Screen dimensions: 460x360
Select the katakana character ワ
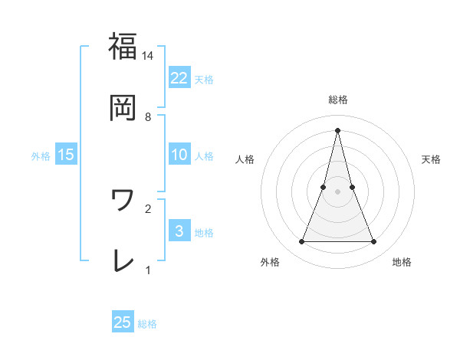123,201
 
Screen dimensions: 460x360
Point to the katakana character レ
123,260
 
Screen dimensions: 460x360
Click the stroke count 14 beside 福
148,56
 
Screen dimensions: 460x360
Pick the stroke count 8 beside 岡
148,117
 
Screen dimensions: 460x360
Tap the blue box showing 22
179,77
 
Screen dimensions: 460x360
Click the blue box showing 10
179,155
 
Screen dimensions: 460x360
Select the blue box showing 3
179,231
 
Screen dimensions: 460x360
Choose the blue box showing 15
66,155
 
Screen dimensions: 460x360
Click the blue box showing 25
123,322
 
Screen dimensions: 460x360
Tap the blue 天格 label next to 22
204,79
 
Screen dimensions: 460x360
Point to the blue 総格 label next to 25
147,324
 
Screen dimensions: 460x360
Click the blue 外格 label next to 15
41,155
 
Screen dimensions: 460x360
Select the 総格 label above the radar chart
337,100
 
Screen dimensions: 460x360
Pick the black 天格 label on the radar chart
431,159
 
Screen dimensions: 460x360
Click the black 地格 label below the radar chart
402,262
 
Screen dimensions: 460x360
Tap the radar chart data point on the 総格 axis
337,129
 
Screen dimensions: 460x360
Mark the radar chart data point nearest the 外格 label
301,242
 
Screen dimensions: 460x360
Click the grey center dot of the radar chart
337,191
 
